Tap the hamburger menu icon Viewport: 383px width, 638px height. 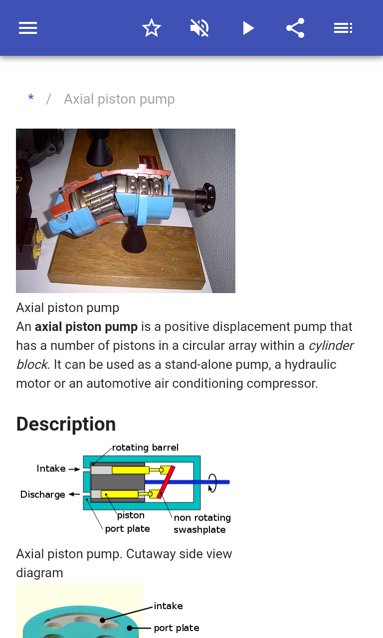pyautogui.click(x=28, y=28)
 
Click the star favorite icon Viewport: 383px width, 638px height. pyautogui.click(x=151, y=28)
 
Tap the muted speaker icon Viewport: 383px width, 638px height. pyautogui.click(x=199, y=28)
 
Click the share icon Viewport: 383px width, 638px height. pyautogui.click(x=296, y=28)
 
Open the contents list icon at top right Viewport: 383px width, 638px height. pyautogui.click(x=343, y=28)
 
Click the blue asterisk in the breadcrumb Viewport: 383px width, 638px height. pyautogui.click(x=31, y=98)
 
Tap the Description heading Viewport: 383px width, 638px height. pyautogui.click(x=66, y=424)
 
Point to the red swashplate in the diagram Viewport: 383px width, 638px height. pyautogui.click(x=166, y=482)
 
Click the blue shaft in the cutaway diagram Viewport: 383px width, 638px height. pyautogui.click(x=187, y=482)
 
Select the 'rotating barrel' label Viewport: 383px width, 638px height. pyautogui.click(x=145, y=448)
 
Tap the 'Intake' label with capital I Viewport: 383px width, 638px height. pyautogui.click(x=51, y=469)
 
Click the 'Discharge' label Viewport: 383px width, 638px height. pyautogui.click(x=43, y=494)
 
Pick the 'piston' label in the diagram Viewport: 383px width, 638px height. pyautogui.click(x=131, y=515)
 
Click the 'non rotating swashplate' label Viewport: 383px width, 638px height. pyautogui.click(x=202, y=523)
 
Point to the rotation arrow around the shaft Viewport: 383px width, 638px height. pyautogui.click(x=212, y=483)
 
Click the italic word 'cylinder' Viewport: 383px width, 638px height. pyautogui.click(x=331, y=345)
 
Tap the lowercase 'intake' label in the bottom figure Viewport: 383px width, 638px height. pyautogui.click(x=168, y=606)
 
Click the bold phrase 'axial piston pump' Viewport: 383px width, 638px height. pyautogui.click(x=86, y=326)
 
